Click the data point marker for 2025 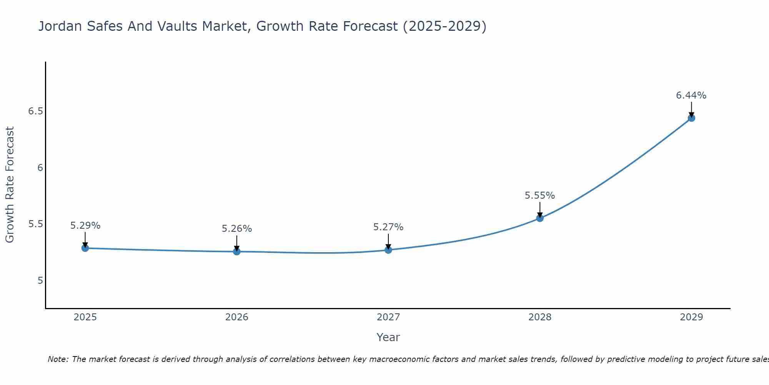coord(85,248)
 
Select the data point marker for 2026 coord(237,252)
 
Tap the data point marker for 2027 coord(388,250)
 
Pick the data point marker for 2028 coord(540,218)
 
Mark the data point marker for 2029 coord(691,118)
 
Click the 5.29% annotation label coord(85,226)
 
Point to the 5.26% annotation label coord(237,229)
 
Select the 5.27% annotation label coord(388,227)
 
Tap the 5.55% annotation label coord(540,196)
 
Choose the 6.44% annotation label coord(691,95)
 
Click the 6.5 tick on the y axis coord(35,111)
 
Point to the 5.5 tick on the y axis coord(35,224)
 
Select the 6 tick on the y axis coord(40,167)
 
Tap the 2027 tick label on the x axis coord(388,317)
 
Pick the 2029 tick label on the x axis coord(691,317)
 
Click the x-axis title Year coord(388,337)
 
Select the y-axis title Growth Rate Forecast coord(10,185)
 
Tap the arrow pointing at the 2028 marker coord(540,210)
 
